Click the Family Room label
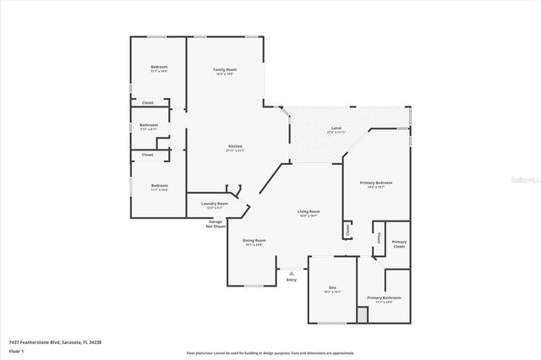pos(224,69)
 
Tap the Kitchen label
pos(235,146)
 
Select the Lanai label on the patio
pos(337,128)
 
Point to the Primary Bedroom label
pos(376,183)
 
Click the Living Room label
pos(308,211)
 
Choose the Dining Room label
pos(254,241)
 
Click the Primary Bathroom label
pos(384,297)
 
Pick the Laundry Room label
pos(214,204)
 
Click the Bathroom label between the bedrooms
pos(149,125)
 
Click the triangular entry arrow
pos(292,273)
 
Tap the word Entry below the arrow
pos(292,280)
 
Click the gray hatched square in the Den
pos(363,314)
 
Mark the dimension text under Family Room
pos(224,74)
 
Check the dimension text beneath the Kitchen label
pos(235,151)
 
